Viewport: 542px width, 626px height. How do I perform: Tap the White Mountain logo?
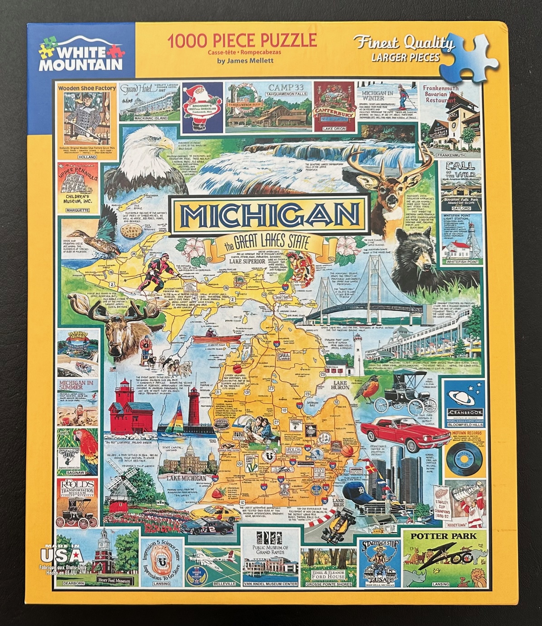(81, 54)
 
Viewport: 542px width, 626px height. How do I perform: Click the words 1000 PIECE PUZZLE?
(242, 41)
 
